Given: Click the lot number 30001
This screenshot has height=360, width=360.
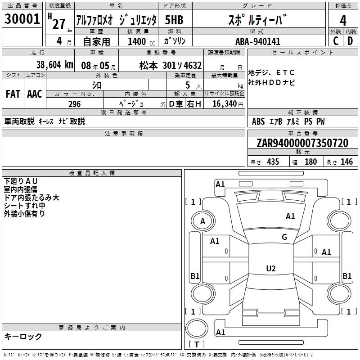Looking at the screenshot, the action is click(22, 19).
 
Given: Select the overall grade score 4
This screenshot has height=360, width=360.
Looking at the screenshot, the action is click(343, 21).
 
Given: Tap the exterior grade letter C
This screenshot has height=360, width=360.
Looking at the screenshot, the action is click(336, 41).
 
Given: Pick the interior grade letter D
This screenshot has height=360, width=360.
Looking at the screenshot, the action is click(350, 41).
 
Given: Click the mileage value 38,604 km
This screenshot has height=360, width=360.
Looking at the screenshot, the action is click(54, 65).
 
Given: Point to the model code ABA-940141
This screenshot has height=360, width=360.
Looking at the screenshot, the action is click(258, 41).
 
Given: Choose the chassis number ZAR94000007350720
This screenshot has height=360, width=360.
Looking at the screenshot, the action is click(302, 143).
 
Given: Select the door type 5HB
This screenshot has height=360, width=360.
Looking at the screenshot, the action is click(174, 20).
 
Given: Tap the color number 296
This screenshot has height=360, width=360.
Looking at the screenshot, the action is click(74, 104).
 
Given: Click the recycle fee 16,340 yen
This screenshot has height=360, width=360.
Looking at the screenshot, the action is click(228, 103).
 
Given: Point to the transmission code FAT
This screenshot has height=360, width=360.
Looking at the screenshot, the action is click(13, 94).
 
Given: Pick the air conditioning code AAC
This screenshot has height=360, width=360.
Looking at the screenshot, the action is click(35, 94).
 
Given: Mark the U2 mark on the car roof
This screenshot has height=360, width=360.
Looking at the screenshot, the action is click(271, 268).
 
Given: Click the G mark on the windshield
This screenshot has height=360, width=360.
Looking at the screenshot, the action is click(284, 237).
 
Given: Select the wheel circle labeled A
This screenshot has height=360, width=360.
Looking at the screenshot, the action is click(203, 221).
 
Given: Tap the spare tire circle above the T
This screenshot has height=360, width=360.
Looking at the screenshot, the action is click(197, 328).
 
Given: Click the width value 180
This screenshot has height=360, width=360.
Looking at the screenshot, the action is click(310, 162).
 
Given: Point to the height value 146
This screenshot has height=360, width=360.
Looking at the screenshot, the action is click(346, 162).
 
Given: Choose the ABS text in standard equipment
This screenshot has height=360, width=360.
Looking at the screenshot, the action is click(258, 121).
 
